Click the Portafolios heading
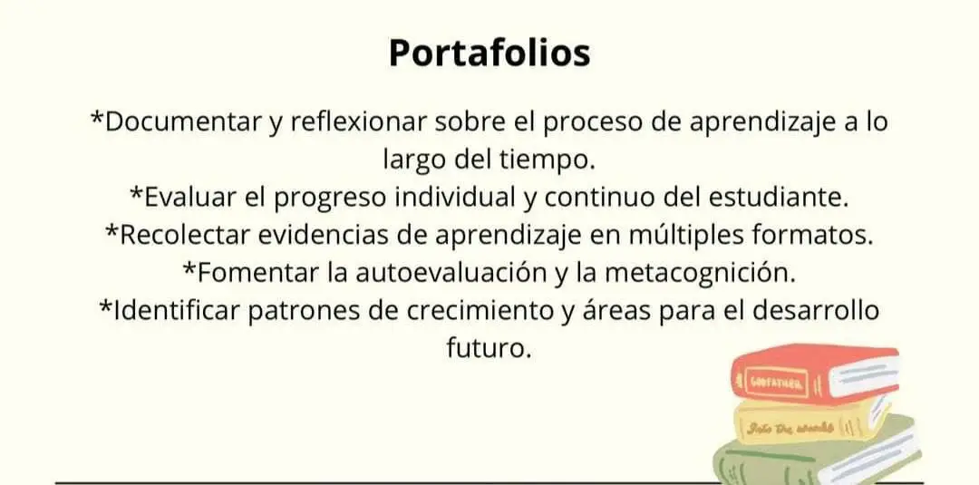(489, 53)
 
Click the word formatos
(812, 236)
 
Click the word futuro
(489, 348)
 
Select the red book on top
(816, 373)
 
